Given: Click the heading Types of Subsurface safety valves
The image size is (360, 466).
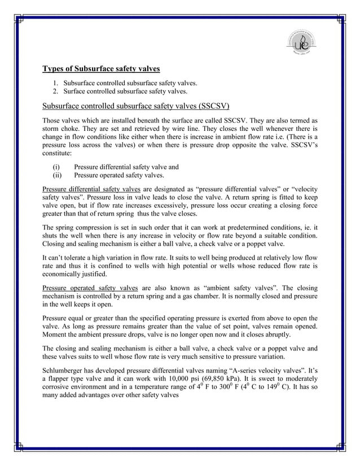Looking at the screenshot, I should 102,69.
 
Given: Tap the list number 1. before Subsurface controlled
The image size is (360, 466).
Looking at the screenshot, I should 56,83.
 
